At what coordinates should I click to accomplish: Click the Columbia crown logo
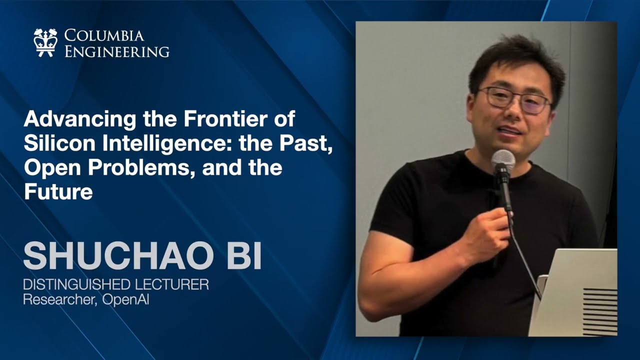45,42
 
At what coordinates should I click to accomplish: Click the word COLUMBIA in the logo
104,36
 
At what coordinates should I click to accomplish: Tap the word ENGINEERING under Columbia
116,51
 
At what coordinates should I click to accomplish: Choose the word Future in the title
58,191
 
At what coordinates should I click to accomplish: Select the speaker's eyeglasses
514,99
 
